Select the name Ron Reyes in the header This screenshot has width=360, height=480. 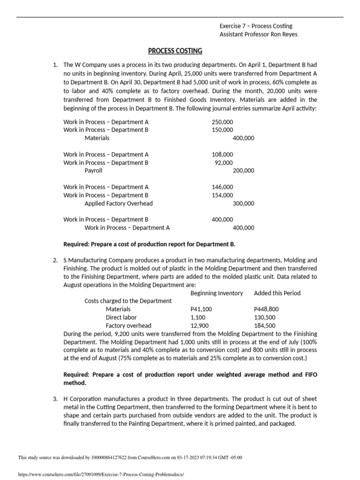pos(283,34)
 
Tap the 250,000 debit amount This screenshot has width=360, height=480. pos(222,122)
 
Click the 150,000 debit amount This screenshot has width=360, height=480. pos(222,130)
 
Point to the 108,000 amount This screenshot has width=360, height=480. pos(222,154)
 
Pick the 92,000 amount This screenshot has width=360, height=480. pos(224,163)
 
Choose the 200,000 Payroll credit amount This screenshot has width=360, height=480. pos(243,171)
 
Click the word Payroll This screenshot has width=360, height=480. pos(93,171)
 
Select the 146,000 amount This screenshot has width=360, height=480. pos(222,187)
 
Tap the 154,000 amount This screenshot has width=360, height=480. pos(222,195)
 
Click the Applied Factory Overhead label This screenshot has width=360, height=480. pos(119,203)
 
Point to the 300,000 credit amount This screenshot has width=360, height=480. pos(243,203)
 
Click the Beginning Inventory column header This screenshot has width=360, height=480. pos(217,293)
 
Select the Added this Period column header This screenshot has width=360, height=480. pos(277,293)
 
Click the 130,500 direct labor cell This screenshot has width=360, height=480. pos(264,317)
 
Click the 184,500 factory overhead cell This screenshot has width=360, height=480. pos(264,325)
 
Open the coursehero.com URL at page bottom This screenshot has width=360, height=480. pos(101,474)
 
